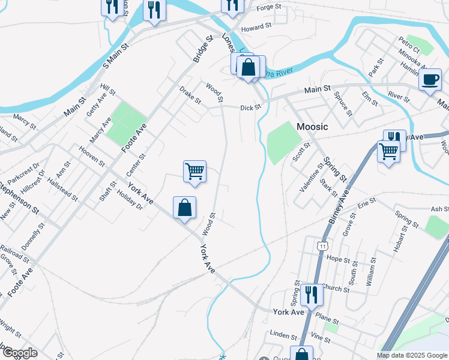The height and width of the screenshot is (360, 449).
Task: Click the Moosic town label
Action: [x=312, y=127]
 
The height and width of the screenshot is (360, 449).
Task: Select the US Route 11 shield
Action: [x=323, y=245]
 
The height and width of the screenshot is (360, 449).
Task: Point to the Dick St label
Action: [x=250, y=108]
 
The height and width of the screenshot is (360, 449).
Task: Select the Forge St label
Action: [x=269, y=7]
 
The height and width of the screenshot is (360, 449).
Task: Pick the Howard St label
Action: [x=256, y=28]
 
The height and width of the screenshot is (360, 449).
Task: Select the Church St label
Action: [x=335, y=288]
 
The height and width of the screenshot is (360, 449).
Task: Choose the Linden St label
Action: [x=280, y=332]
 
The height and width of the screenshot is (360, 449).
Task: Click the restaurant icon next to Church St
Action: [x=311, y=295]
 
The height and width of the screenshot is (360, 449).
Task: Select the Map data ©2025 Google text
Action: [x=412, y=355]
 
